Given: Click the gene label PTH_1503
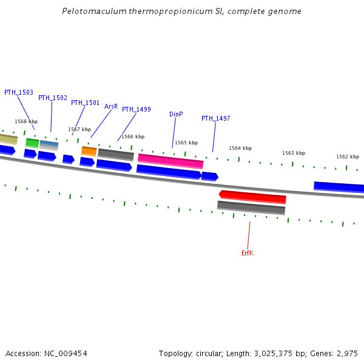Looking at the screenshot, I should tap(19, 92).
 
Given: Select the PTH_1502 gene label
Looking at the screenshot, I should tap(53, 98).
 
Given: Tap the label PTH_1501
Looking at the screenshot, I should tap(85, 103).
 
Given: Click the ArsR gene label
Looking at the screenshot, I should tap(111, 106).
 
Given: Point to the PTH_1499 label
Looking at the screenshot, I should tap(136, 109).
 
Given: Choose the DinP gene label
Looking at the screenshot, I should tap(176, 114).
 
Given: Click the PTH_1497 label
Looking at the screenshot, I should tap(216, 118).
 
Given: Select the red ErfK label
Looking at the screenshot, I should tap(248, 253).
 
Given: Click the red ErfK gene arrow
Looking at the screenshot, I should tap(252, 197).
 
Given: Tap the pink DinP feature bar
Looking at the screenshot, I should tap(170, 160).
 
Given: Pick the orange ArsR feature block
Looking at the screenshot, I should tap(89, 150).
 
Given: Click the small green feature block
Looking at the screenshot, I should tap(32, 143).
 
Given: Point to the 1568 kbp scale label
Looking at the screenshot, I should tap(26, 121).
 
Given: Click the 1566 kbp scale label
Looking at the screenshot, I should tap(133, 136).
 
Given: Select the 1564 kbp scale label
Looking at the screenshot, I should tap(240, 148).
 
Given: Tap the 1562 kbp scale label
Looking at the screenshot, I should tap(348, 157).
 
